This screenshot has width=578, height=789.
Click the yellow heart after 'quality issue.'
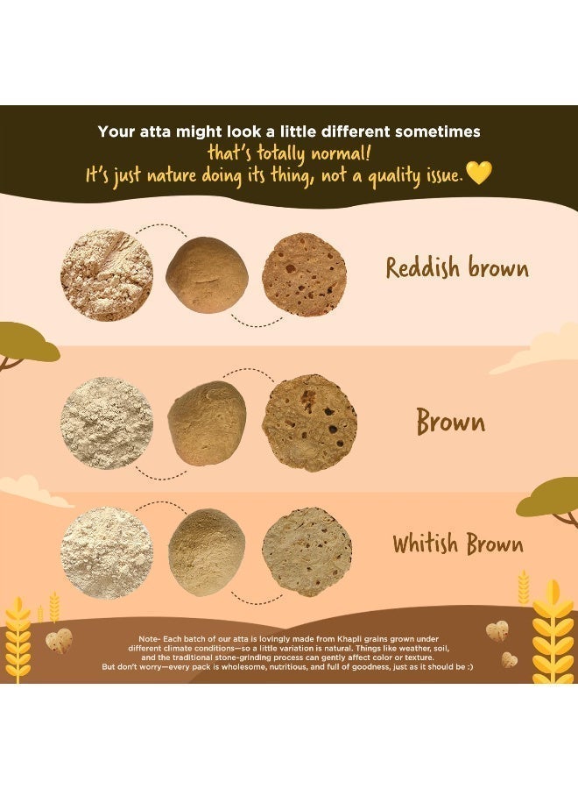click(x=478, y=173)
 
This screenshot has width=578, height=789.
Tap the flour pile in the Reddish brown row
click(x=107, y=275)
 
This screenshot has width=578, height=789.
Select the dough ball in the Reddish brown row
click(x=207, y=275)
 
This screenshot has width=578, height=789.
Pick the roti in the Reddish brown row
click(x=304, y=274)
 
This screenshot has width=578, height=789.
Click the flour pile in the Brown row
click(x=107, y=423)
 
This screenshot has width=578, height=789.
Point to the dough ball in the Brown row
click(x=207, y=423)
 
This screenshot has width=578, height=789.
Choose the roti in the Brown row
click(x=310, y=423)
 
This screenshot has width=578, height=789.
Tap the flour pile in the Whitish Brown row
click(x=106, y=552)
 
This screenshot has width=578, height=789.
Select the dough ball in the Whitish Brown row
click(x=207, y=552)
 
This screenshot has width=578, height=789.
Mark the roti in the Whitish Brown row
click(x=307, y=552)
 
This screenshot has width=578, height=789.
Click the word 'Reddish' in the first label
click(x=423, y=267)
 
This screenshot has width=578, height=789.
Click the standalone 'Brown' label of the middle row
click(x=451, y=422)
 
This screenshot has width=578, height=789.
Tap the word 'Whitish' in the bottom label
click(x=426, y=544)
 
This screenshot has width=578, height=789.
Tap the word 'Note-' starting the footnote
click(x=151, y=638)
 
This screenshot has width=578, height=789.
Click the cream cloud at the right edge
click(x=538, y=350)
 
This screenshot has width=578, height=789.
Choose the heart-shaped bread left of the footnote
click(x=59, y=641)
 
